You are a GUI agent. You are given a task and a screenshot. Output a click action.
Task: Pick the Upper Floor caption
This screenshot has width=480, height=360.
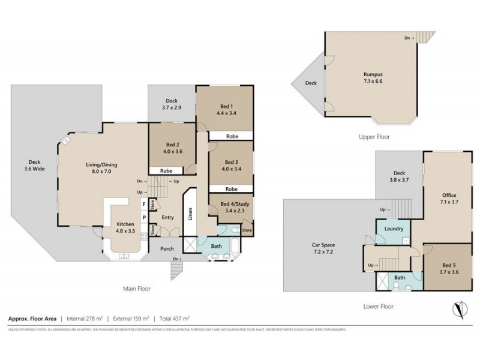tap(374, 137)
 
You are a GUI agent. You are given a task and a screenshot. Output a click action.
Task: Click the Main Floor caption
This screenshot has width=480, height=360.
tap(136, 288)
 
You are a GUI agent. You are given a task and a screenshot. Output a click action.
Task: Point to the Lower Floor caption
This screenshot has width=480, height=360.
tap(378, 306)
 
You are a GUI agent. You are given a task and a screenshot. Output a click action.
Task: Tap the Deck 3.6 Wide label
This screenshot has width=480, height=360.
tap(34, 164)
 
